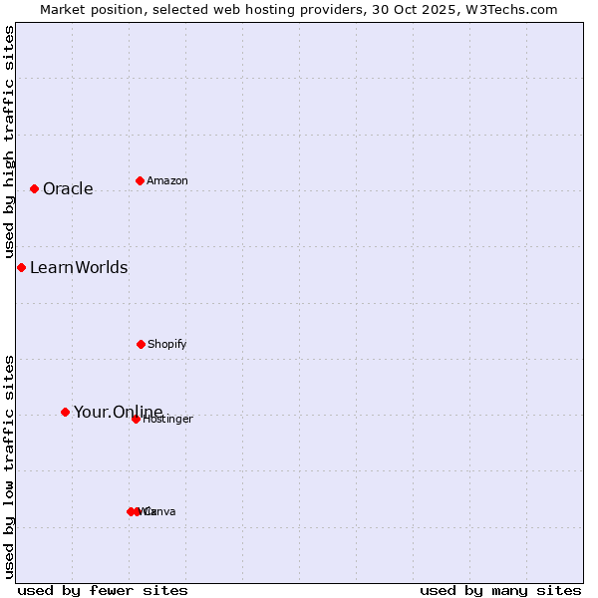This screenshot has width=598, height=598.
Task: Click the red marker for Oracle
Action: click(x=34, y=188)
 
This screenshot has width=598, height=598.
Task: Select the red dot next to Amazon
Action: click(x=140, y=180)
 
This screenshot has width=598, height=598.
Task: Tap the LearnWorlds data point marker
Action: click(x=21, y=267)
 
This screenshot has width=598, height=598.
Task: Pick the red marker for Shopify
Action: click(x=141, y=344)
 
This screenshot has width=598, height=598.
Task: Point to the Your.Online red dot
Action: click(x=65, y=412)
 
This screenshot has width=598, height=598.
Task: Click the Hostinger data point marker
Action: click(x=136, y=419)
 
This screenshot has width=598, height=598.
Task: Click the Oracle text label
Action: click(x=68, y=189)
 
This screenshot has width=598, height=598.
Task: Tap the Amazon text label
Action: click(x=167, y=181)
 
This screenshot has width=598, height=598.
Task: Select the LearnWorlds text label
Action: click(x=79, y=267)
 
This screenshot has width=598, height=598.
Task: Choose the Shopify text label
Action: click(x=167, y=345)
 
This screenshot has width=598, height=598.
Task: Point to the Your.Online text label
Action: click(x=118, y=412)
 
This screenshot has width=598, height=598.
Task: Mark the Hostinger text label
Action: click(x=168, y=420)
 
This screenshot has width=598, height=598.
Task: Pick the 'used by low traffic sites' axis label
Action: click(x=9, y=466)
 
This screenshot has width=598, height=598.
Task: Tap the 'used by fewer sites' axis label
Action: click(x=103, y=590)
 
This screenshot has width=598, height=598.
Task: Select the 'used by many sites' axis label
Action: click(x=500, y=590)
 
